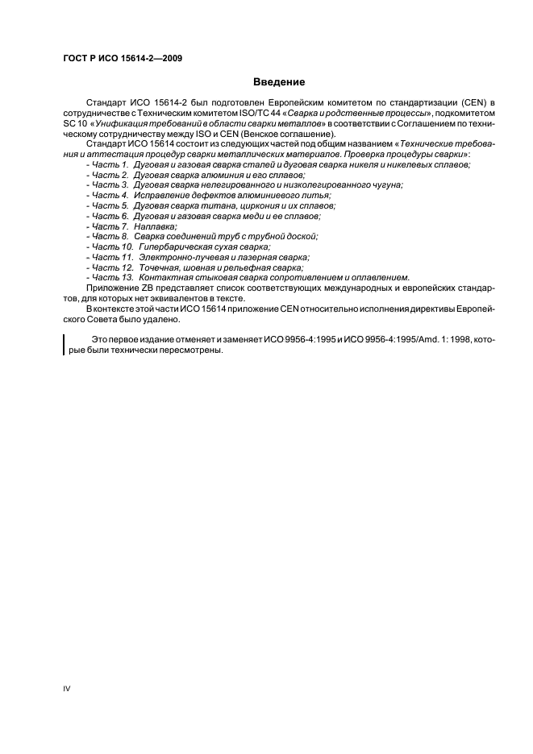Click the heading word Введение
(x=279, y=82)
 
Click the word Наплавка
(x=156, y=227)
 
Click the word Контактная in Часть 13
(x=163, y=277)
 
